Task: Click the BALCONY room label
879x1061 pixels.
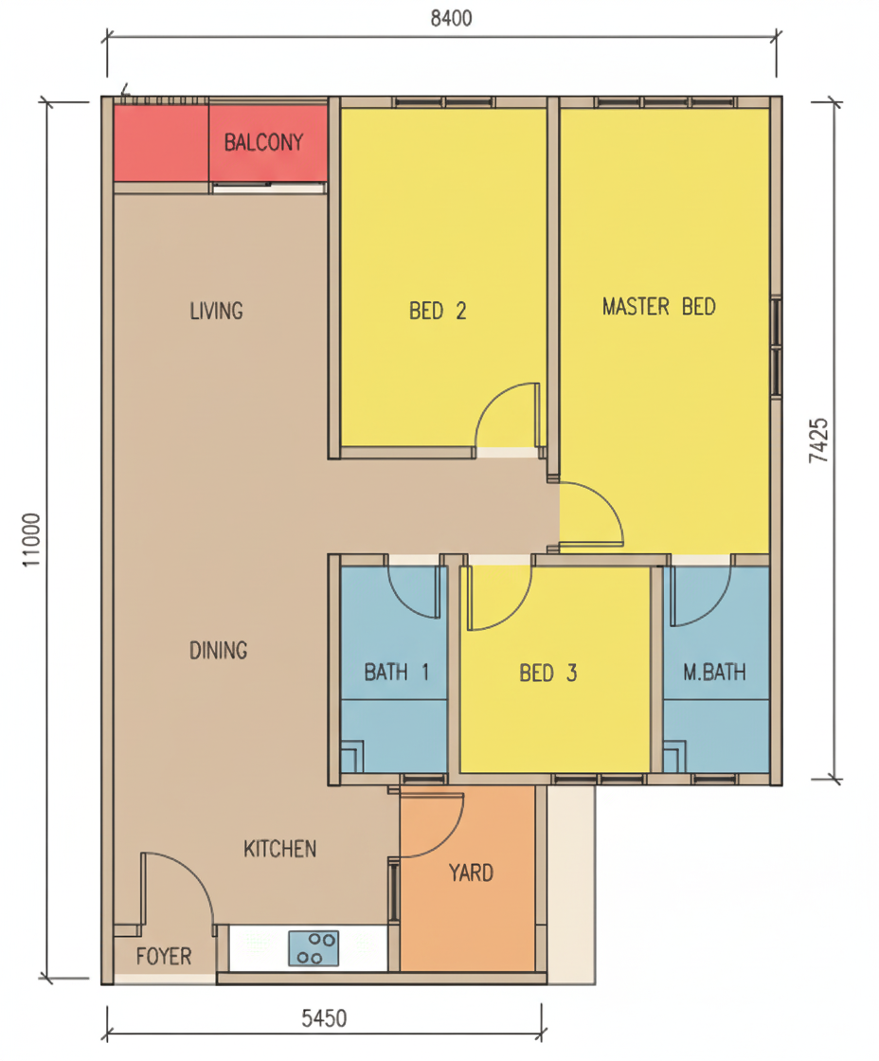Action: [x=263, y=142]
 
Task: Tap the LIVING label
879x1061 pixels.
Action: [x=216, y=312]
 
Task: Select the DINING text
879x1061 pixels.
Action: [x=218, y=650]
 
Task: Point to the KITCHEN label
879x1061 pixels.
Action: [x=279, y=849]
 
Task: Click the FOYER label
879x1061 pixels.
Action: [x=164, y=956]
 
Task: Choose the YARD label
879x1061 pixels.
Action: [x=471, y=872]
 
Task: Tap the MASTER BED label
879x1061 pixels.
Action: [x=658, y=307]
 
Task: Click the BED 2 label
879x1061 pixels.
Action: [x=437, y=311]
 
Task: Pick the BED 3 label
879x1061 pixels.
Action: [x=547, y=674]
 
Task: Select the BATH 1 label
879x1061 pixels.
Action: [x=396, y=672]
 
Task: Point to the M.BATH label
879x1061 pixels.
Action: [x=714, y=672]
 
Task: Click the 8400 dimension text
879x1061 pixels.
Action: [x=452, y=18]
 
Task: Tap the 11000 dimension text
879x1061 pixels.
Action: [x=32, y=540]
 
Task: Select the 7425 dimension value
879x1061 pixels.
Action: [x=818, y=441]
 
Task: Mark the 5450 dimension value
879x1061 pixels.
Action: [x=324, y=1018]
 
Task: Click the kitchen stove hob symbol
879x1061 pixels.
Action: [x=314, y=948]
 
